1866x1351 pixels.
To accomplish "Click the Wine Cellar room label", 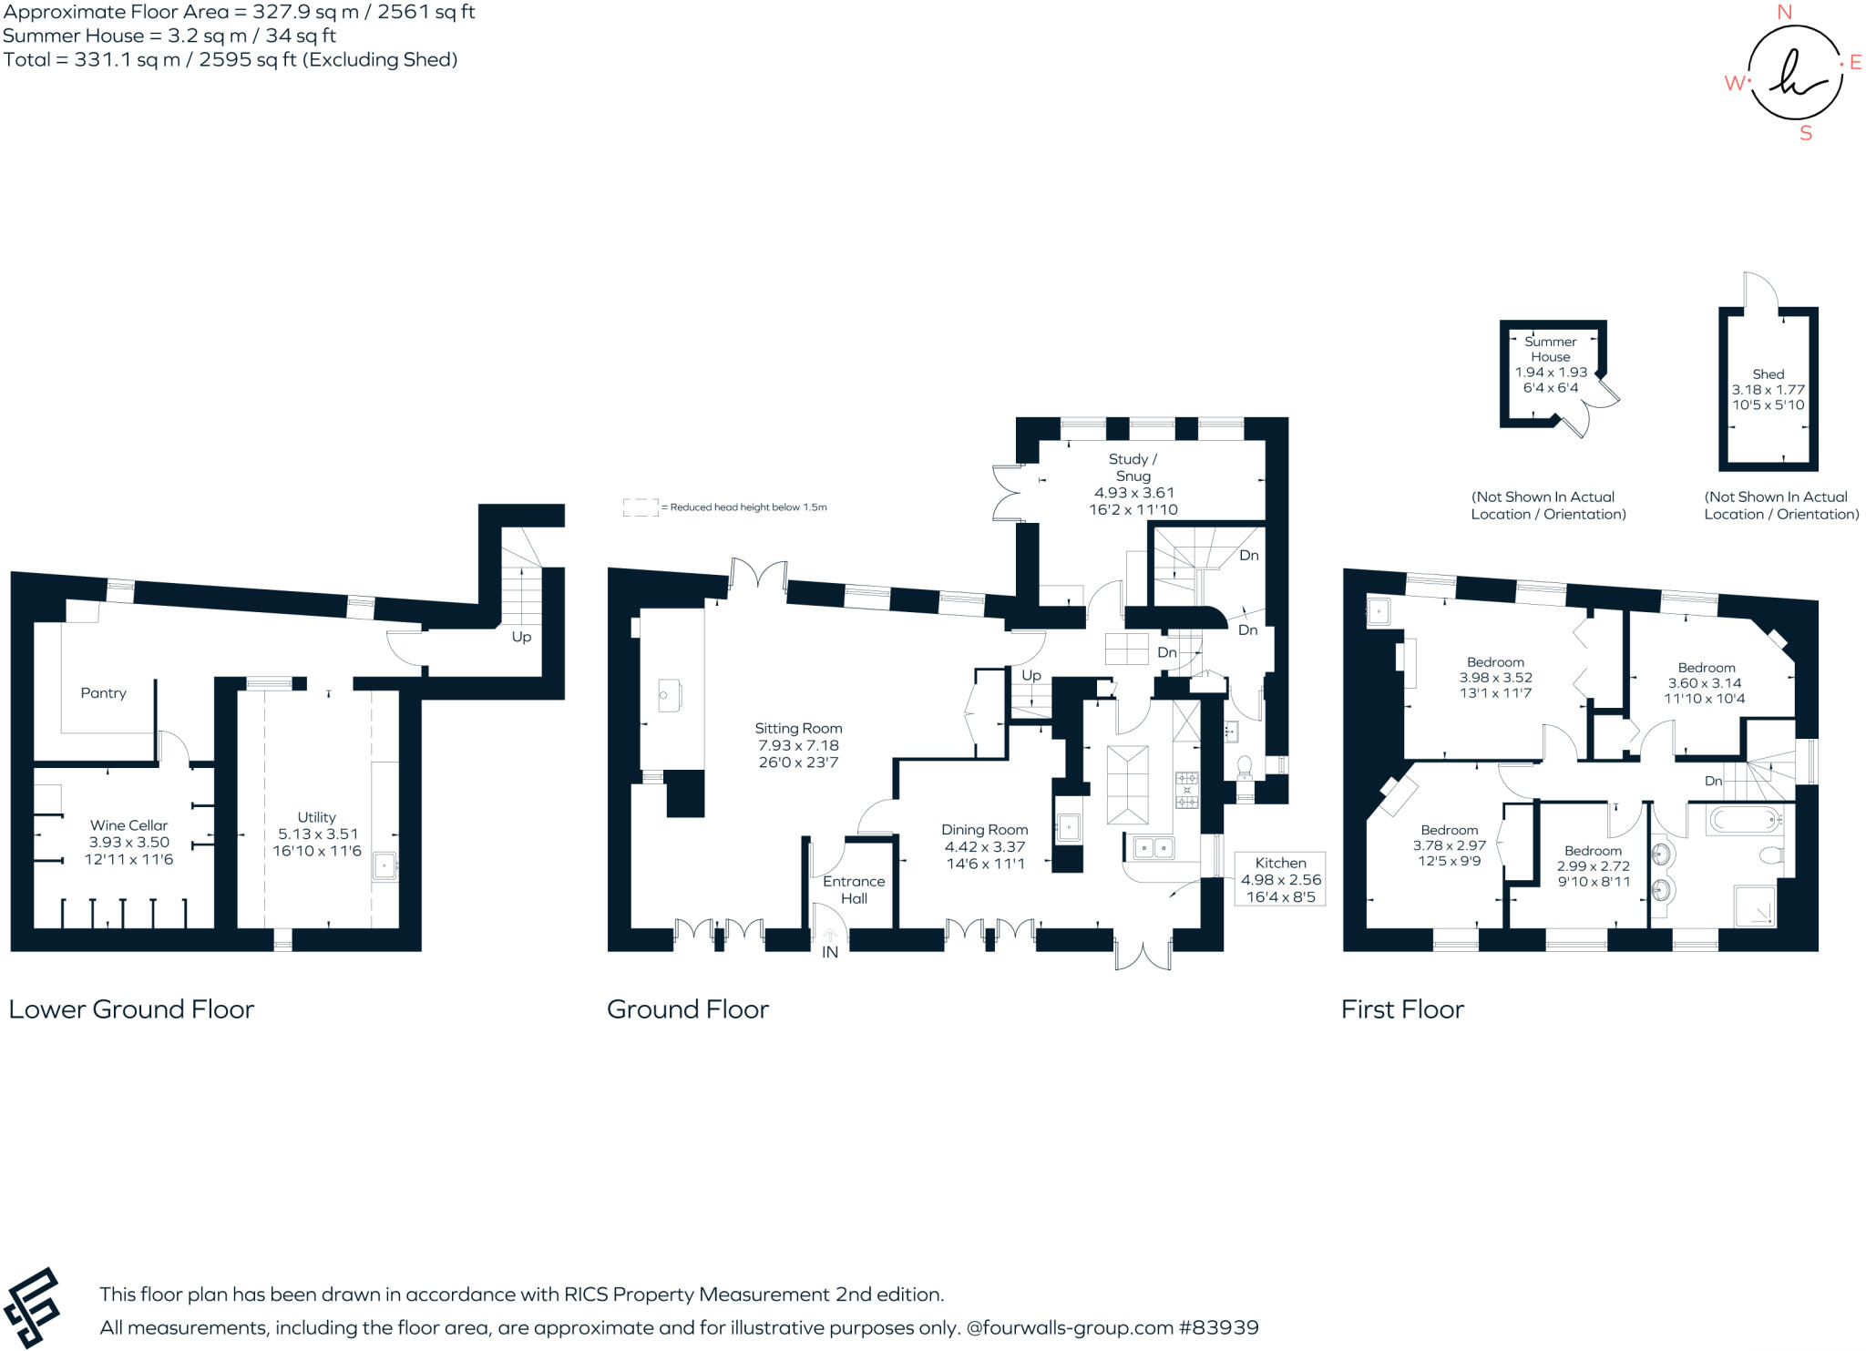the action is coord(129,825).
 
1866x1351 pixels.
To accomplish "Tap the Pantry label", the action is coord(103,693).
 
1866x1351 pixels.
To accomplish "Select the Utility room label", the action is coord(317,817).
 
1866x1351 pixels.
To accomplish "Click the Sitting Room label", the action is coord(798,728).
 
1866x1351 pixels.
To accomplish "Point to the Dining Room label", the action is coord(984,830).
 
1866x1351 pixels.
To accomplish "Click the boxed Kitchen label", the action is coord(1280,863).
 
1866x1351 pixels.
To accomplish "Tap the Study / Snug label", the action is coord(1133,467).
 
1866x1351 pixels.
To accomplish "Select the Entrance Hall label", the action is coord(854,889).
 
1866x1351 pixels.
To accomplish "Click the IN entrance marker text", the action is coord(830,953).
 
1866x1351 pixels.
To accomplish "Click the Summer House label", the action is coord(1551,349).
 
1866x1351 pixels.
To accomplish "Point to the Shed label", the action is coord(1768,374).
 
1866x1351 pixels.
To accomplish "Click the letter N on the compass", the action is coord(1784,12).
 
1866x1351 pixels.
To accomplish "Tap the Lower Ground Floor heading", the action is coord(131,1009).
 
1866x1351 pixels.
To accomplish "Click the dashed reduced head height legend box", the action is coord(641,507).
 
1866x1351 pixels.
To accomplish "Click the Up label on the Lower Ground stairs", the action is coord(521,637).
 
